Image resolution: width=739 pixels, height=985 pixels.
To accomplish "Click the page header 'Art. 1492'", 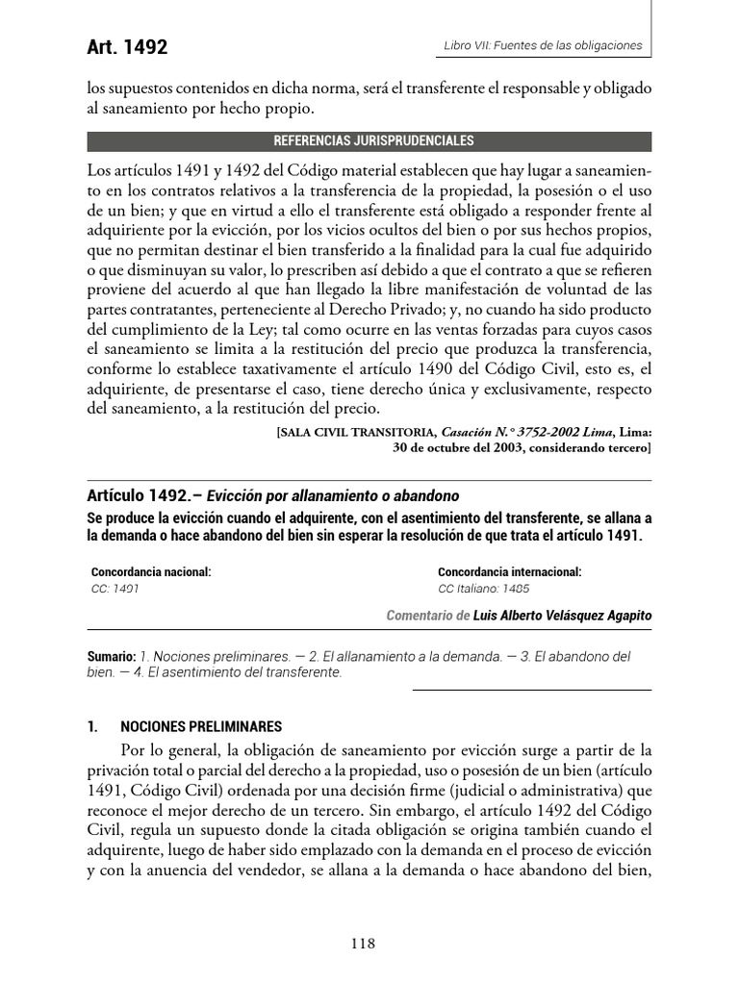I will [128, 48].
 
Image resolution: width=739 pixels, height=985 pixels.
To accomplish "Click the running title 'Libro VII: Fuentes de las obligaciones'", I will [542, 45].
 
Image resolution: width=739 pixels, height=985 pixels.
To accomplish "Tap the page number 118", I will [363, 944].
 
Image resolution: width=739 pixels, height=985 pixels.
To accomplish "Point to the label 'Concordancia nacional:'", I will [151, 571].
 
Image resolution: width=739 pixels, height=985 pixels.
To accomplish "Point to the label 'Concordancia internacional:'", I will [509, 571].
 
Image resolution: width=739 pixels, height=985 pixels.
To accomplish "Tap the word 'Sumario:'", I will [111, 655].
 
